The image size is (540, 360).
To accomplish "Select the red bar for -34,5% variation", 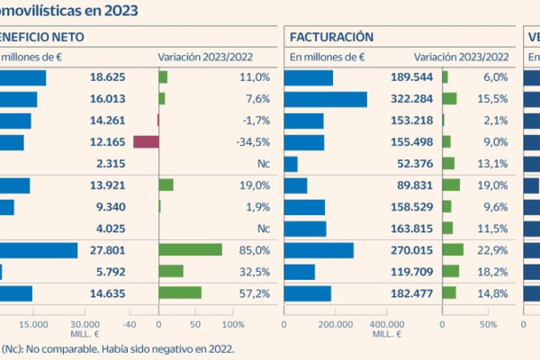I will click(x=145, y=141).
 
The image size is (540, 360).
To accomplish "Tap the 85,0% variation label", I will click(x=255, y=249).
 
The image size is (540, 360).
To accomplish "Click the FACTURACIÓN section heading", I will click(x=332, y=37).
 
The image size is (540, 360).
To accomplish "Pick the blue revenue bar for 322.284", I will click(x=325, y=98).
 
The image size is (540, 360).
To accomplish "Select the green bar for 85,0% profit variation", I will click(x=190, y=249).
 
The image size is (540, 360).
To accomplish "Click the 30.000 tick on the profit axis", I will click(x=85, y=324).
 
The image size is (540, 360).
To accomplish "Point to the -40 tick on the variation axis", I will click(x=129, y=324).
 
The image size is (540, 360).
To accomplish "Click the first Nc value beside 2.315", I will click(x=262, y=163).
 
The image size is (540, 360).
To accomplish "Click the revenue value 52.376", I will click(x=415, y=163).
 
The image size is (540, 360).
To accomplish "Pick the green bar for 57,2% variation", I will click(x=180, y=292).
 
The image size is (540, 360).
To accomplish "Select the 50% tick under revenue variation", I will click(x=487, y=324).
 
